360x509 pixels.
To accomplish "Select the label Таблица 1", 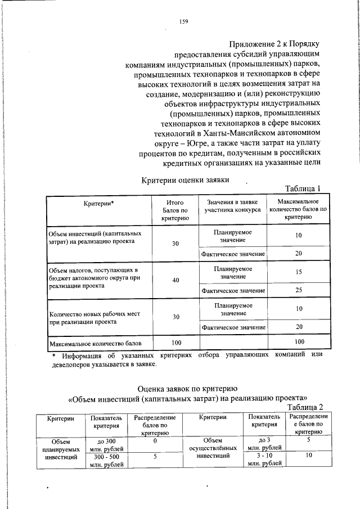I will tap(303, 189).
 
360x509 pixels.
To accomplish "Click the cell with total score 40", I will tap(175, 280).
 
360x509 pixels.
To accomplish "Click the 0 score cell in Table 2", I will tap(154, 441).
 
